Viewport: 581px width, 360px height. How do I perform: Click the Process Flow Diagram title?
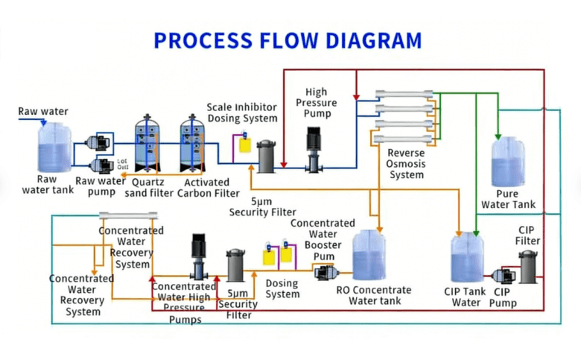[288, 40]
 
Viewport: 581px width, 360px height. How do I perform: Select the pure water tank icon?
[509, 162]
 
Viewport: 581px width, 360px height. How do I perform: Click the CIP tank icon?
[467, 261]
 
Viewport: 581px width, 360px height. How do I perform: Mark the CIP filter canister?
[528, 266]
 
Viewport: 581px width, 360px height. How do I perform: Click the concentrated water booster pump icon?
[326, 272]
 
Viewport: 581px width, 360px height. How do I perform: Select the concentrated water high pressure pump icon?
[199, 257]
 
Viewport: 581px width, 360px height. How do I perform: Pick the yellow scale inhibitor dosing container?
[244, 143]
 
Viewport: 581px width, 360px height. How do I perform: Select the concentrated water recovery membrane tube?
[129, 216]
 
